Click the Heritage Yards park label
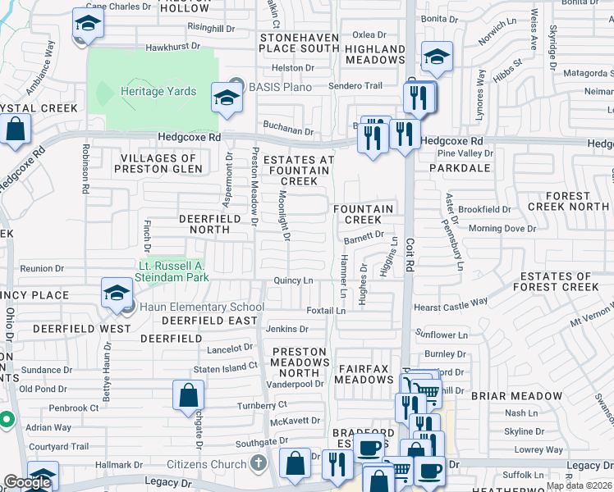pos(158,91)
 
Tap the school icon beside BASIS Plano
pos(225,98)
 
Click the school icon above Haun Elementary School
pos(117,293)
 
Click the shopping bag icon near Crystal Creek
pos(15,129)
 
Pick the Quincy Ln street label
pos(294,281)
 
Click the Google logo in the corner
pos(27,482)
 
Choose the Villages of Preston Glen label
pos(158,163)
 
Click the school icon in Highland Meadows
pos(437,57)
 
